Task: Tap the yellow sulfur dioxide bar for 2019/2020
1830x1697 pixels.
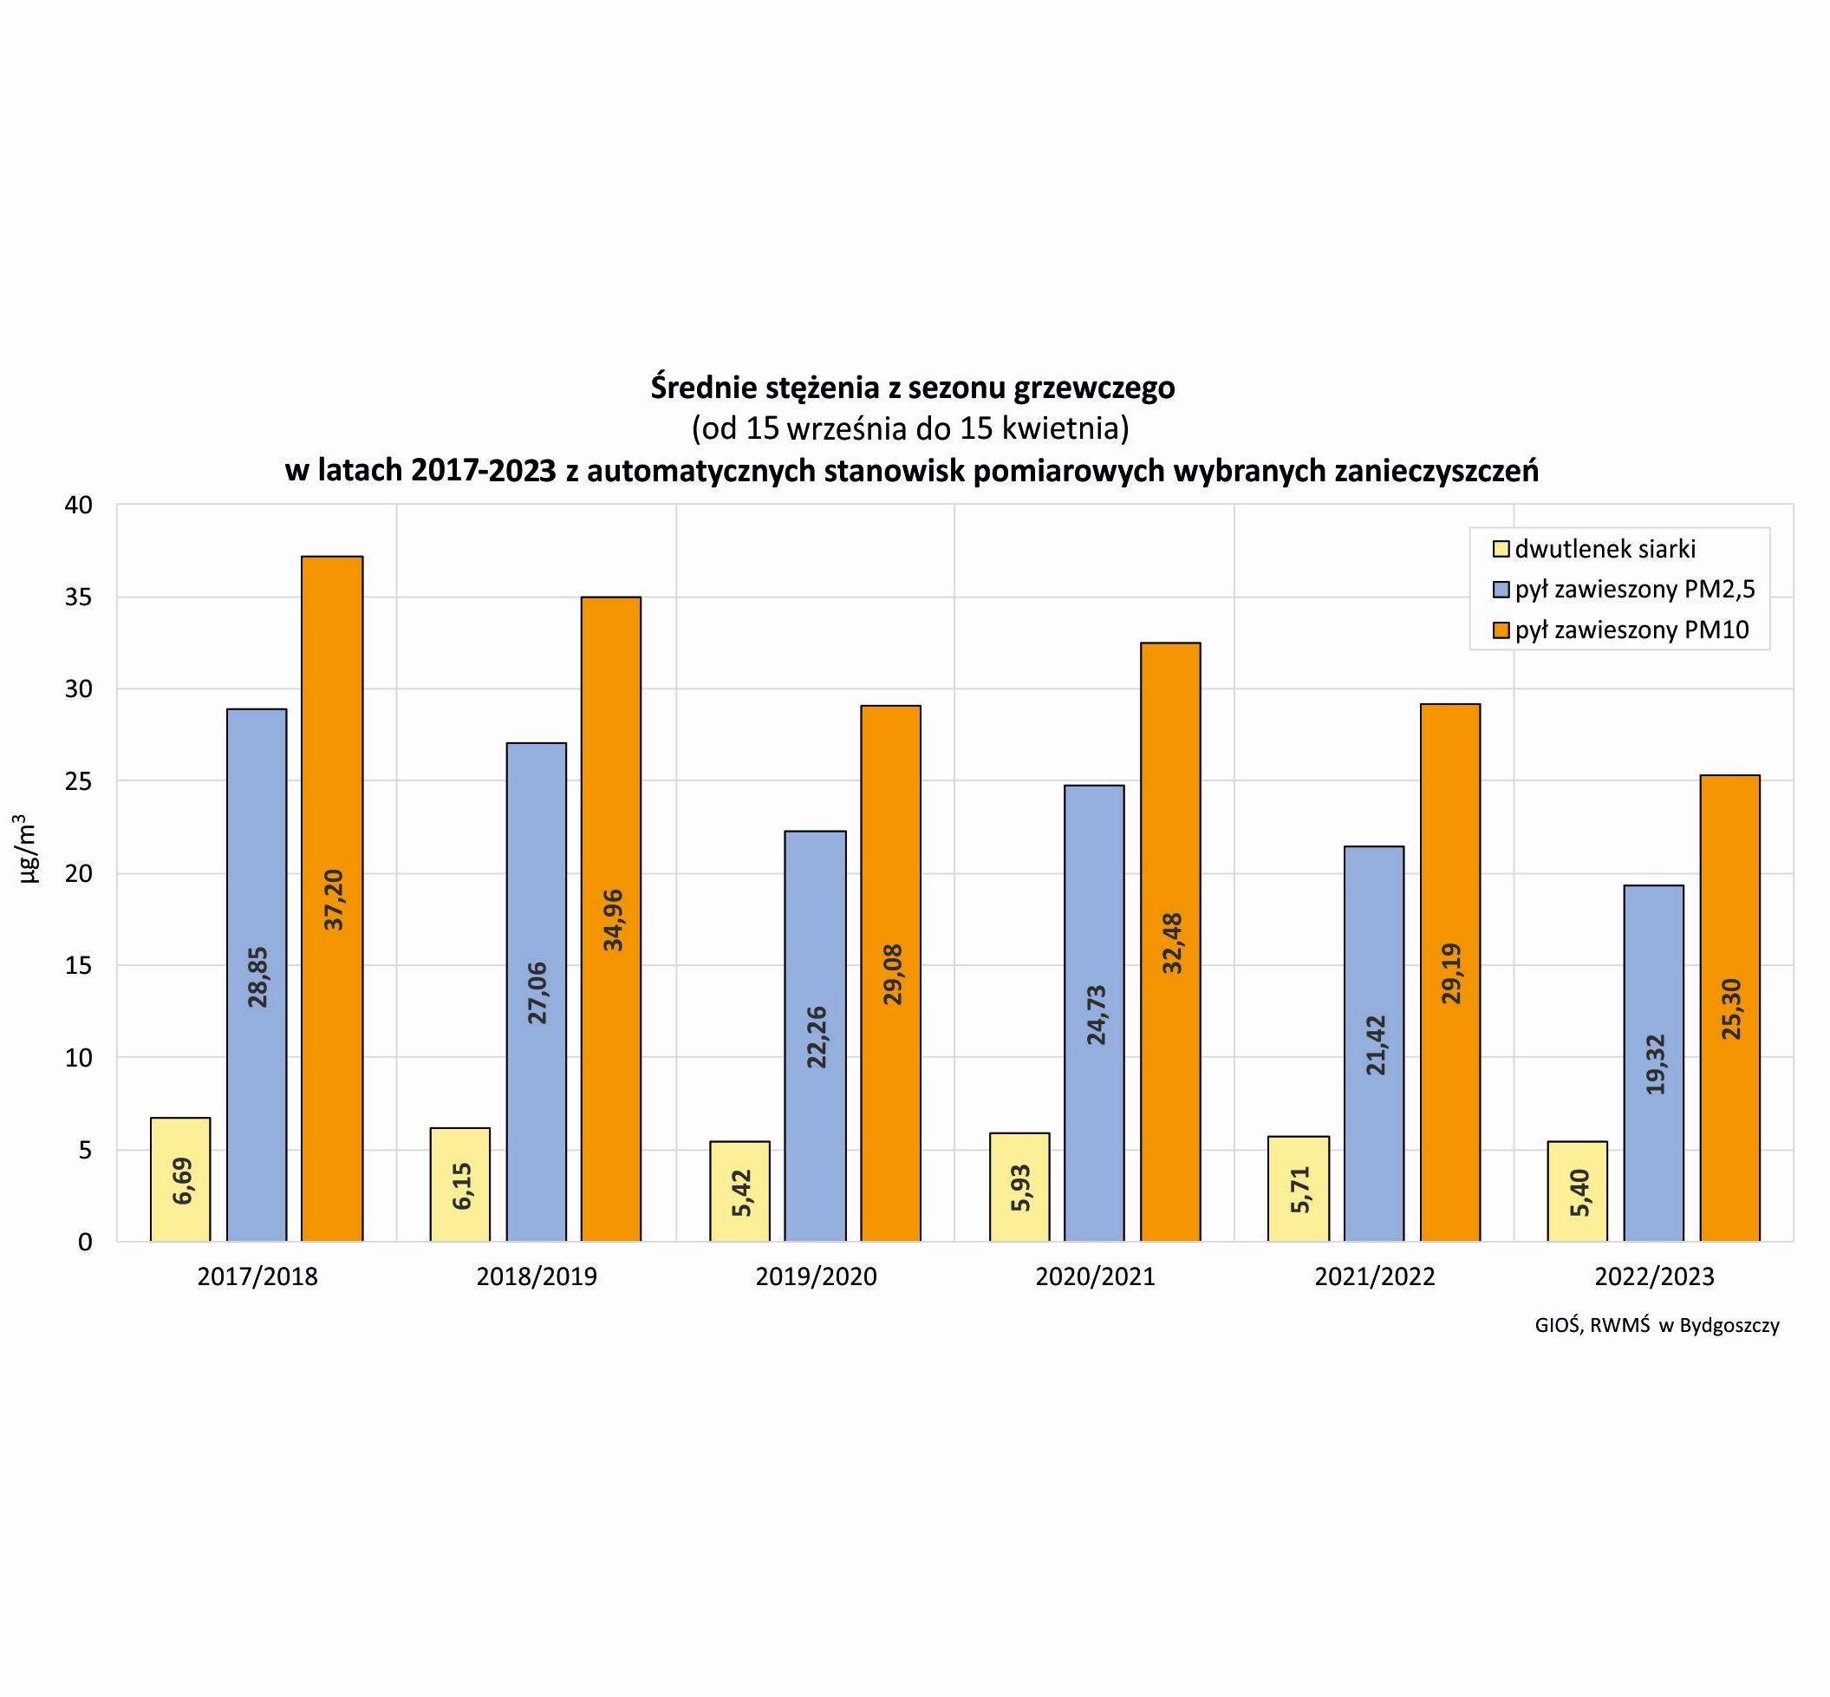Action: coord(740,1191)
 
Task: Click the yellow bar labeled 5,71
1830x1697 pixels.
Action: coord(1299,1188)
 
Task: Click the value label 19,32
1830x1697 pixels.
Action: coord(1655,1064)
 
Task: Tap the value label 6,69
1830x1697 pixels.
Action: coord(182,1181)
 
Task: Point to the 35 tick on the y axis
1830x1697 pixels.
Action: coord(80,597)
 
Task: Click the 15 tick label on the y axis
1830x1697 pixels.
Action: coord(80,966)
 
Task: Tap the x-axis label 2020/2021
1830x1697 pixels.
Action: coord(1096,1277)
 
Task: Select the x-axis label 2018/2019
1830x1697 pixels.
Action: coord(537,1277)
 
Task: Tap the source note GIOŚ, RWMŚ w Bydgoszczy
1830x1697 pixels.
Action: coord(1657,1326)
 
